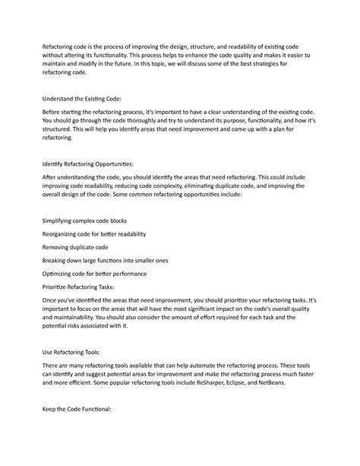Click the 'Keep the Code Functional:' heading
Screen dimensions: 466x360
click(x=76, y=409)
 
